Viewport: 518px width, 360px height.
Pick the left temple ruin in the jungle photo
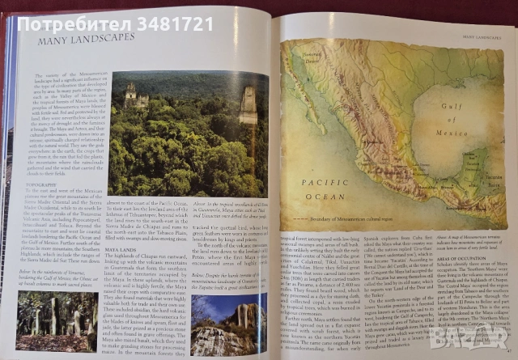133,96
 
